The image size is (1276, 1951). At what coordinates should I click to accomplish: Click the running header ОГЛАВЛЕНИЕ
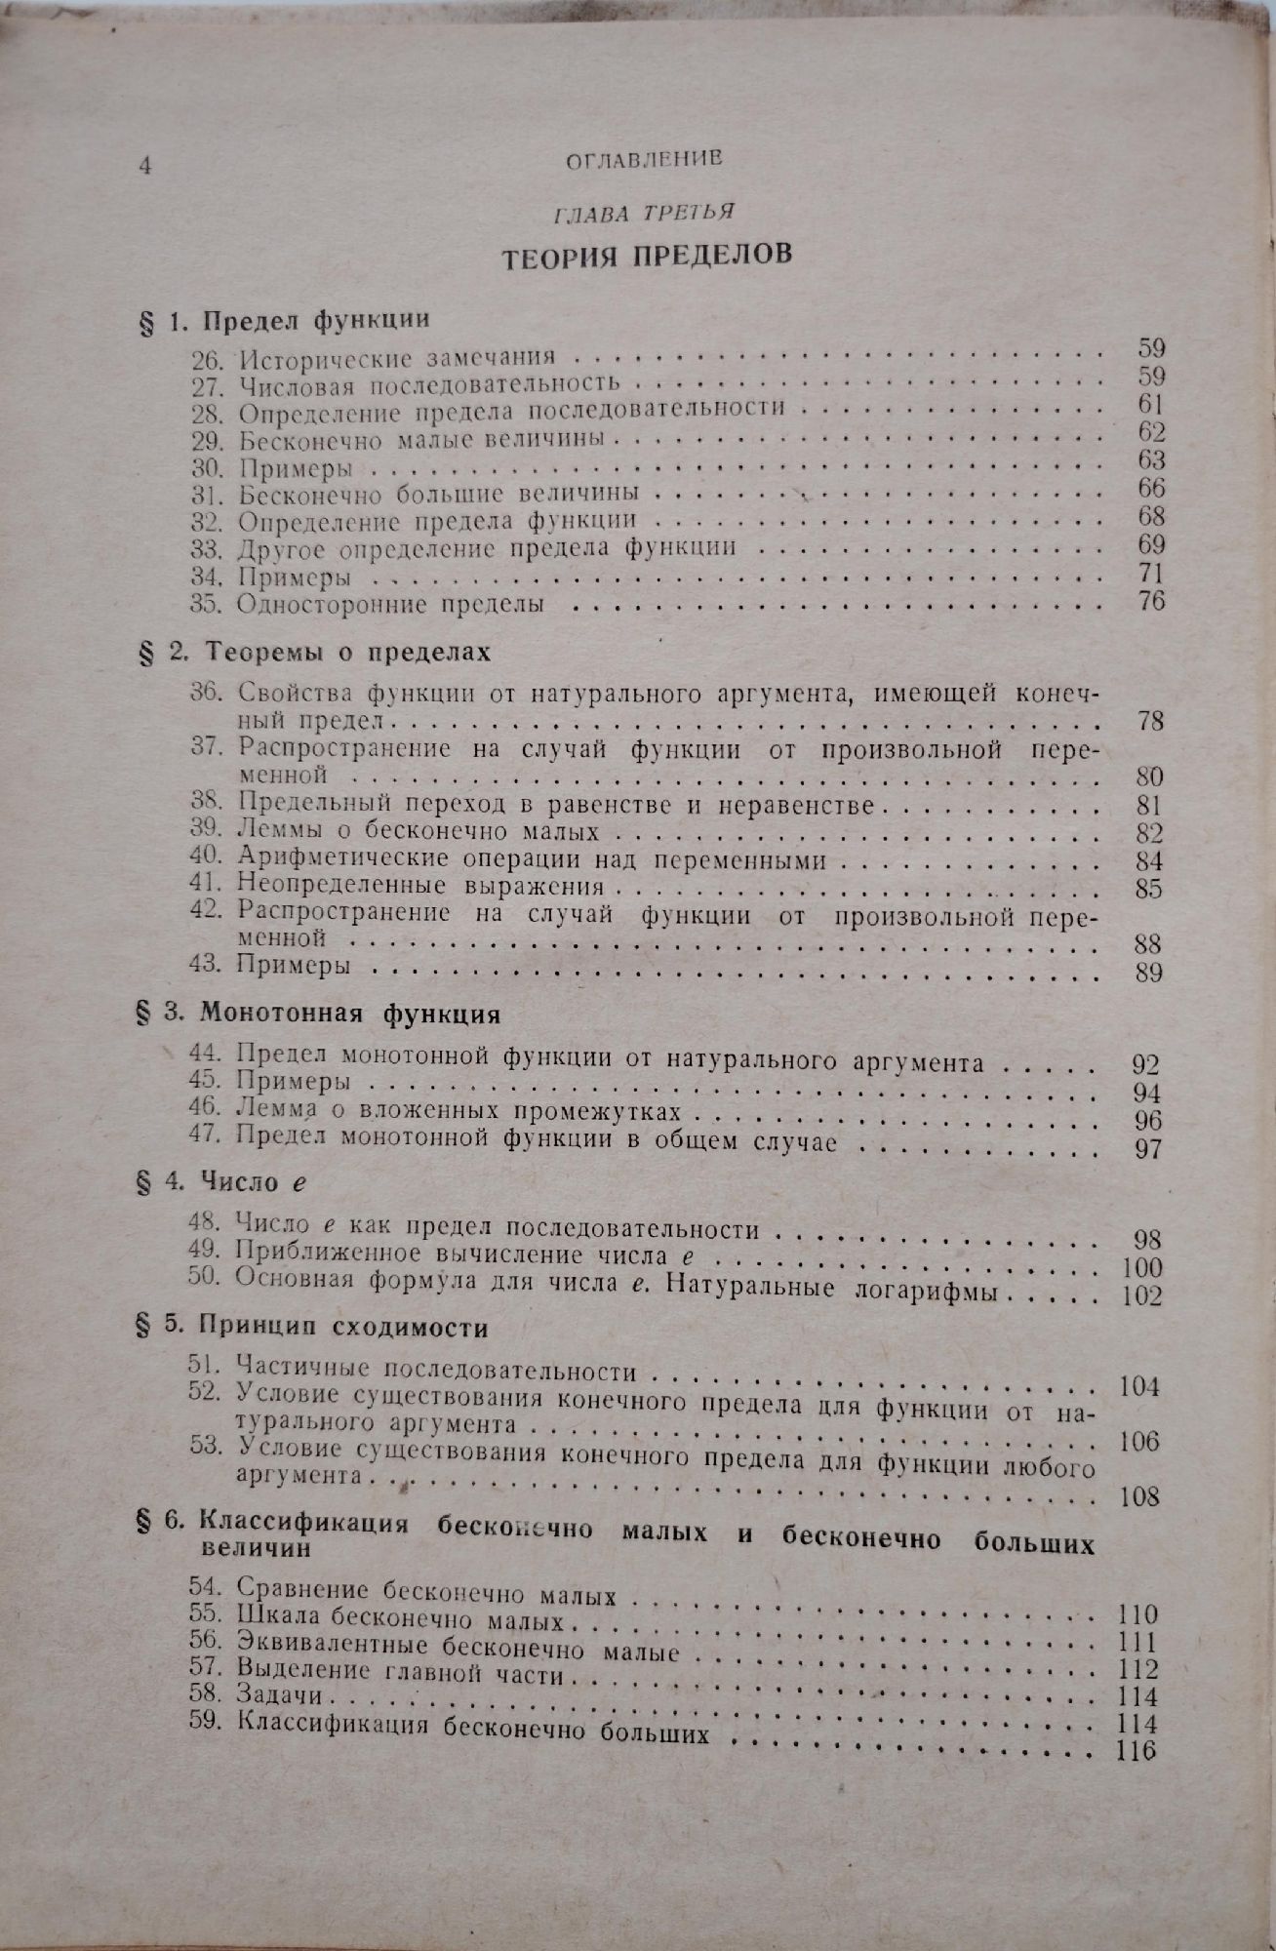pyautogui.click(x=643, y=160)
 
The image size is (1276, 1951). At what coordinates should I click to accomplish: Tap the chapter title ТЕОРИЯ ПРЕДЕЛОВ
pyautogui.click(x=646, y=257)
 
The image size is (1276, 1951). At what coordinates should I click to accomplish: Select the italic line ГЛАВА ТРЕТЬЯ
pyautogui.click(x=645, y=212)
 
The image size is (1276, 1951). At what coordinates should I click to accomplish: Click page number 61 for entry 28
pyautogui.click(x=1150, y=403)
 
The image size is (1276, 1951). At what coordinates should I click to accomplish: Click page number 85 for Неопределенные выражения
pyautogui.click(x=1150, y=889)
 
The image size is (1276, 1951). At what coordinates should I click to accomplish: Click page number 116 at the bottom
pyautogui.click(x=1135, y=1750)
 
